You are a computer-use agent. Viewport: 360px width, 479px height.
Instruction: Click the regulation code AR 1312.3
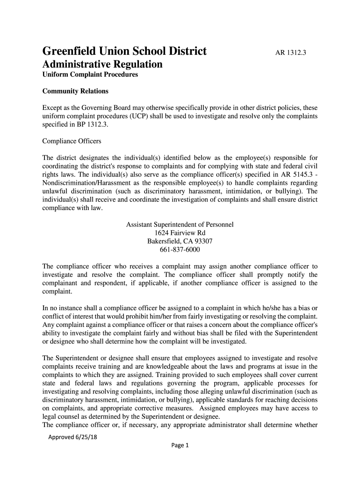pos(290,53)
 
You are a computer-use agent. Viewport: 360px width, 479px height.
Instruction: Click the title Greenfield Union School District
pos(124,51)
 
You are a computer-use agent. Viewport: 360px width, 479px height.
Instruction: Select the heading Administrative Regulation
pos(102,65)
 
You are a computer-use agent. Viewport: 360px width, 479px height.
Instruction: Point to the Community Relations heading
pos(75,91)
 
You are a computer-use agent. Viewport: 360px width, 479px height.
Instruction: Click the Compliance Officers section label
pos(72,141)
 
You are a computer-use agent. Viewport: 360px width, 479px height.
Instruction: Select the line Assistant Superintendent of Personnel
pos(180,225)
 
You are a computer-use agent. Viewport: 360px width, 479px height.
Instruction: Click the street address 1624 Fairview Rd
pos(180,233)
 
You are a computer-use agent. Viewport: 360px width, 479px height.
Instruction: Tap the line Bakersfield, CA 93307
pos(180,241)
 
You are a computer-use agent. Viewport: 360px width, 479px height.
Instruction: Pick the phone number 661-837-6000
pos(180,250)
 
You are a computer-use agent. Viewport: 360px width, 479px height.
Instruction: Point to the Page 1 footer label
pos(180,445)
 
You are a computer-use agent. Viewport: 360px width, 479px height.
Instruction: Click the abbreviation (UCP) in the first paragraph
pos(131,116)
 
